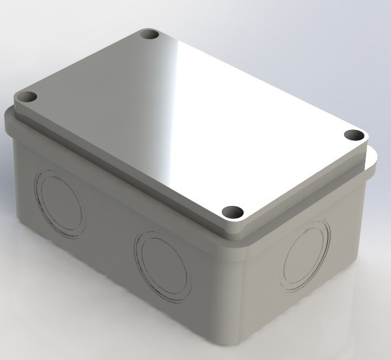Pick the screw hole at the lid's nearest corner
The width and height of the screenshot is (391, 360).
coord(232,212)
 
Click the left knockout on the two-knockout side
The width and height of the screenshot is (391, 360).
coord(60,196)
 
